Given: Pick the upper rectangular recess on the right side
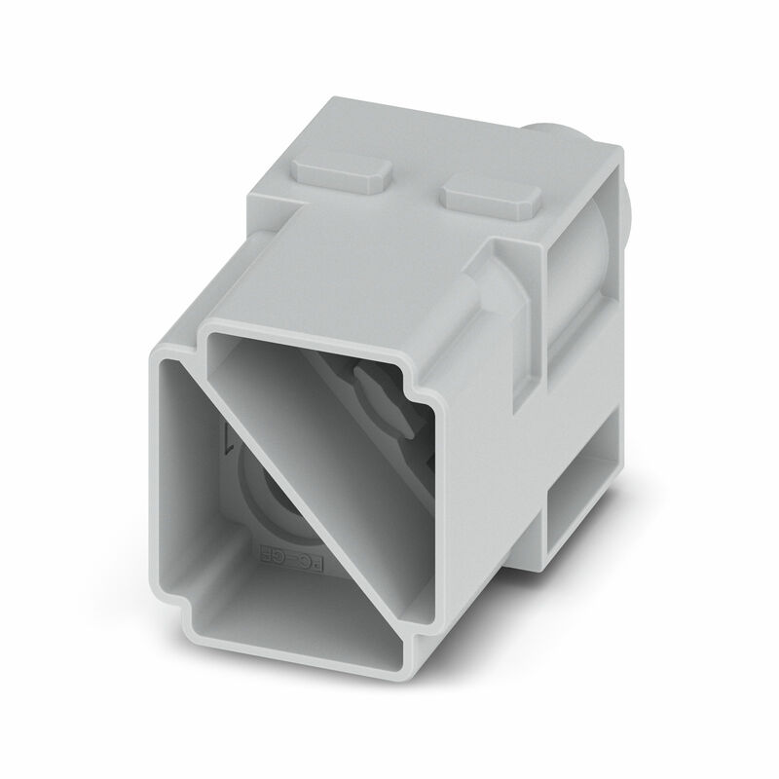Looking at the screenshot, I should click(578, 292).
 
